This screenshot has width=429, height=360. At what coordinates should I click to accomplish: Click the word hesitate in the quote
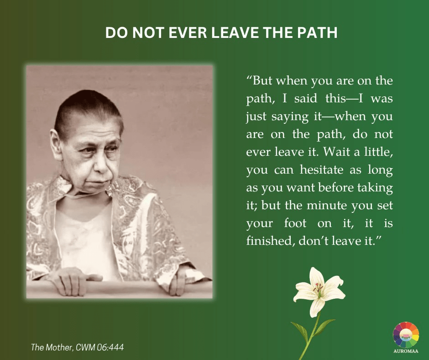coord(321,169)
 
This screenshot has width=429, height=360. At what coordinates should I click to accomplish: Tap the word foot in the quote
coord(295,223)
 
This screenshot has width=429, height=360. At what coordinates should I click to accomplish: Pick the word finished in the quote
coord(270,241)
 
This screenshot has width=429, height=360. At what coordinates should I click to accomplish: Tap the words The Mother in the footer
coord(52,347)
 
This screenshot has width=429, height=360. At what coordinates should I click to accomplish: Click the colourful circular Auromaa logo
coord(406,334)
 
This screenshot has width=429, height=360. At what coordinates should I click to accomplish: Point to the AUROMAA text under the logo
coord(406,351)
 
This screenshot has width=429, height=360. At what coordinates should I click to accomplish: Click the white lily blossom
coord(319,291)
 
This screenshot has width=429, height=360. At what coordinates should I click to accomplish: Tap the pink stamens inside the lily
coord(319,288)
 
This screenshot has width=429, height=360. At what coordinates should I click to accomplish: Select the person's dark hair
coord(88,110)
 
